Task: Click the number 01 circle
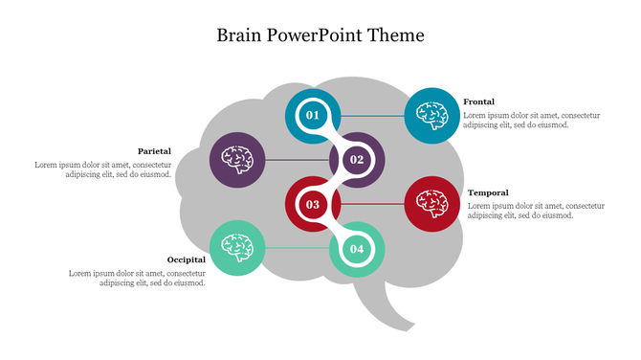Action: pyautogui.click(x=312, y=116)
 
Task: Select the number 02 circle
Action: pyautogui.click(x=357, y=160)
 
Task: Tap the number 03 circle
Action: pyautogui.click(x=312, y=204)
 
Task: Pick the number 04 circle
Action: pyautogui.click(x=357, y=249)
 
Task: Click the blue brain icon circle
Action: pyautogui.click(x=431, y=116)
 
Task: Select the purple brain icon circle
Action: pyautogui.click(x=237, y=160)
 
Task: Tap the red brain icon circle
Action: pyautogui.click(x=431, y=204)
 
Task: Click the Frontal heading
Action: pyautogui.click(x=479, y=101)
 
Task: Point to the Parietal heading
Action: pyautogui.click(x=154, y=151)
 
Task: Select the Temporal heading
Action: pyautogui.click(x=487, y=192)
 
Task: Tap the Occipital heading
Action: pyautogui.click(x=186, y=259)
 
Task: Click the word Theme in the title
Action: pyautogui.click(x=390, y=35)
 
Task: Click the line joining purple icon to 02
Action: pyautogui.click(x=297, y=160)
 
